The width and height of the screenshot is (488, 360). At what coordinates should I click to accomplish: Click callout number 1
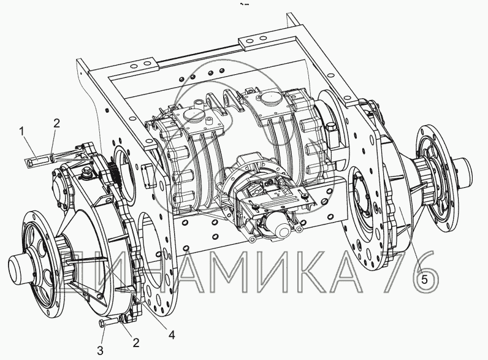[21, 131]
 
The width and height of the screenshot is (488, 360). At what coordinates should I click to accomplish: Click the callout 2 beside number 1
[56, 123]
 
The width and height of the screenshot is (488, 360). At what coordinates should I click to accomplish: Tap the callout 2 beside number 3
[135, 343]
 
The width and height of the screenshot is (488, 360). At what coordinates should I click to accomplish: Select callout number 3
[100, 351]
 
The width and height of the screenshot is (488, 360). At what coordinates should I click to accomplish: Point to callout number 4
[171, 335]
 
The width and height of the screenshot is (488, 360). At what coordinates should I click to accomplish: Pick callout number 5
[424, 279]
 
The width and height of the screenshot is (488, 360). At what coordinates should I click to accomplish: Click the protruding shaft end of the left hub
[18, 267]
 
